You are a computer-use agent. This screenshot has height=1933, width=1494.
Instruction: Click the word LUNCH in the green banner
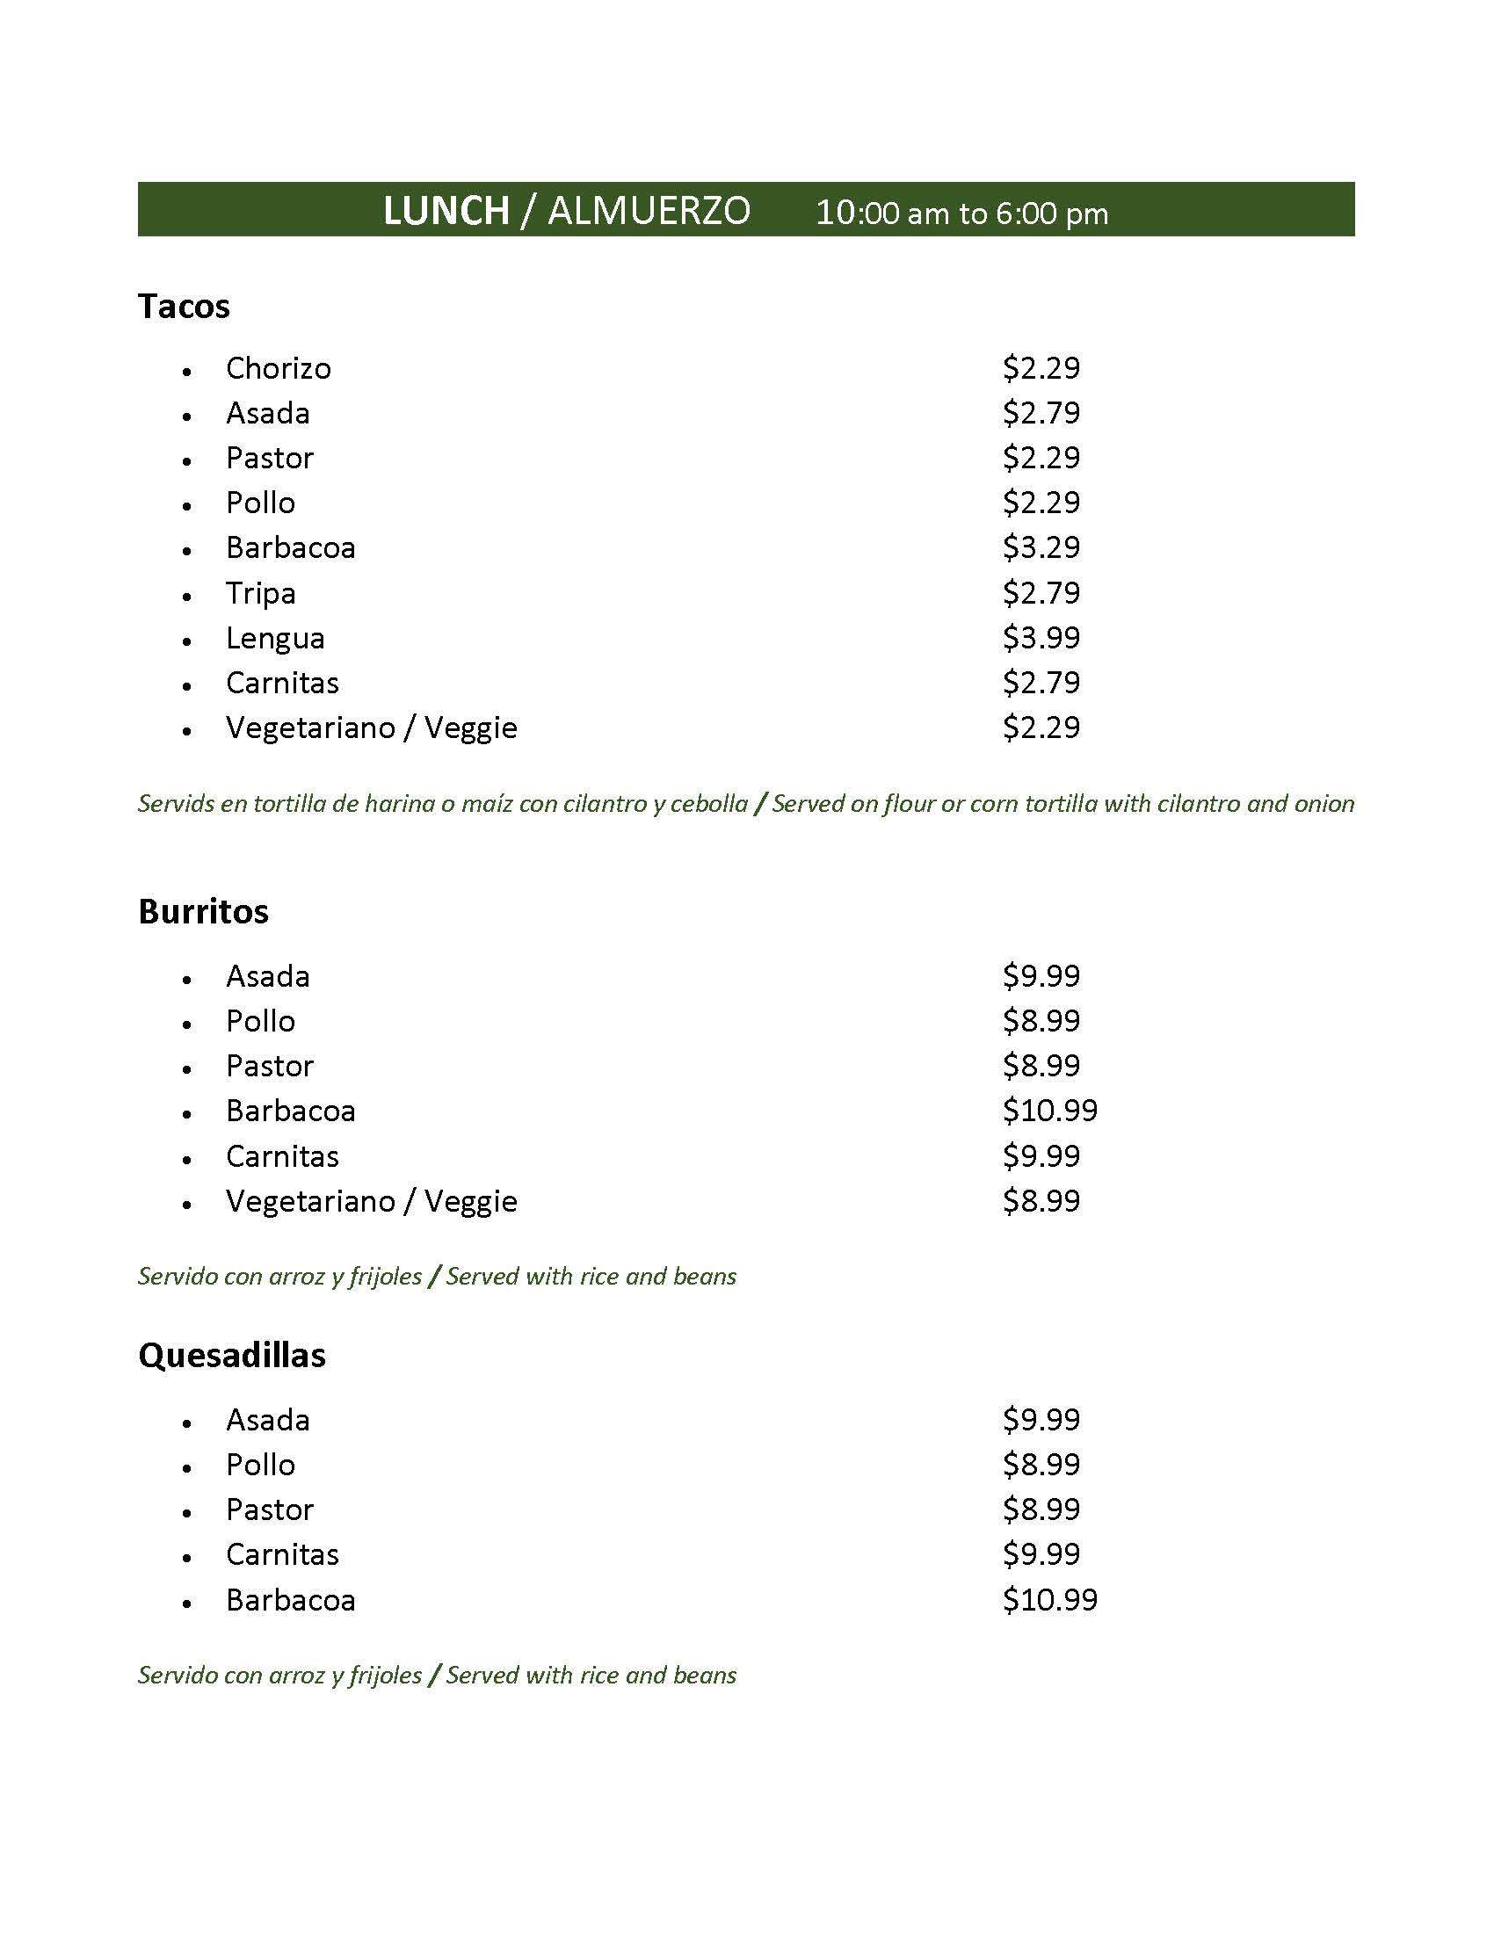446,212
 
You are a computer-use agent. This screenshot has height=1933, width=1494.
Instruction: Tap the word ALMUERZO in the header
649,212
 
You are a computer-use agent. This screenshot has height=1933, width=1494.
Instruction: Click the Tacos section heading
184,307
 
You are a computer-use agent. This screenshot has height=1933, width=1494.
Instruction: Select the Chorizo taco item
278,368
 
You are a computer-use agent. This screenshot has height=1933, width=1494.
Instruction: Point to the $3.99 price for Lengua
1041,637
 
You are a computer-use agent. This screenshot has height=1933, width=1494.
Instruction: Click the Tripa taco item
260,593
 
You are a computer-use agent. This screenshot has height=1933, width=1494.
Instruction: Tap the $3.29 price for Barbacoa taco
1041,547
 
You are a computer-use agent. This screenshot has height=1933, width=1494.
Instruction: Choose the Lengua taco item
275,638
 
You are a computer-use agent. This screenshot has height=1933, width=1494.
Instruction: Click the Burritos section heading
203,912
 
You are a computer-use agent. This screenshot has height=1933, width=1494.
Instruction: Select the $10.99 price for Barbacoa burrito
1049,1110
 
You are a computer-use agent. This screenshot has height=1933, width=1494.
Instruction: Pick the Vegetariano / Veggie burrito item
371,1201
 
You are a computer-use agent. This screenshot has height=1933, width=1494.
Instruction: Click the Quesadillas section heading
232,1355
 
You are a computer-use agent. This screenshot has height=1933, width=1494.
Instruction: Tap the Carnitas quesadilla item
282,1554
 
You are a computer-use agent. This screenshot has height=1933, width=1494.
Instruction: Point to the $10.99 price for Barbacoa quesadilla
1049,1599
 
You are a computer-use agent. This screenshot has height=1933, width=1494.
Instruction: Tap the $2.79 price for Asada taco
1041,412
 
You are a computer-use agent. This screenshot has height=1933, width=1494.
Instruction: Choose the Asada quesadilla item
267,1420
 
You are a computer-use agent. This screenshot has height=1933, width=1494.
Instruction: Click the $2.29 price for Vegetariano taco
1041,728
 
